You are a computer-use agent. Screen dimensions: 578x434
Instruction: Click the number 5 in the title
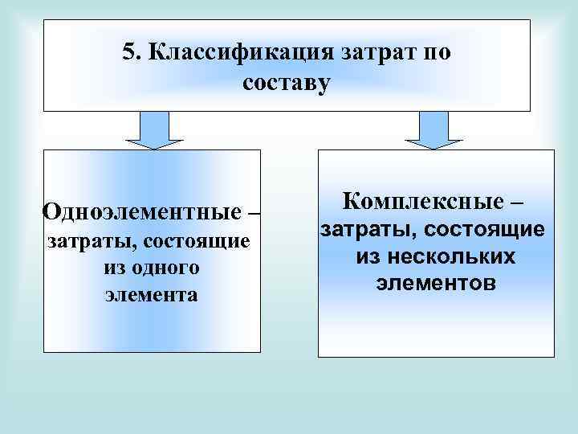tap(128, 53)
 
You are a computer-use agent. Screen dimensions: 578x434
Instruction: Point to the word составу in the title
tap(285, 83)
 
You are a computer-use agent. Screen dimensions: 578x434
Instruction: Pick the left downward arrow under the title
tap(156, 130)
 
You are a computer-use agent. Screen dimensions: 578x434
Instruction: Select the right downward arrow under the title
tap(433, 130)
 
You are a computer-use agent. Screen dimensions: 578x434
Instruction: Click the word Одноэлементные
tap(140, 213)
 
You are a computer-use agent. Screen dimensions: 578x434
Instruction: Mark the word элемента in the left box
tap(151, 295)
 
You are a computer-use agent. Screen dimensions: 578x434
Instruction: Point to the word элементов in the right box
tap(434, 284)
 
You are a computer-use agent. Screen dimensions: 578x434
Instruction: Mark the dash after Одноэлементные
tap(254, 213)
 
